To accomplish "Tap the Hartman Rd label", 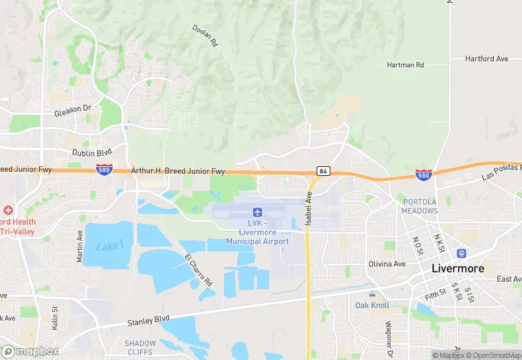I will pos(405,65).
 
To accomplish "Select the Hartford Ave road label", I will pos(486,59).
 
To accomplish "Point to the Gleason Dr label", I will pos(73,109).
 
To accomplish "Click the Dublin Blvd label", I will pos(91,153).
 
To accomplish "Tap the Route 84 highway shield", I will pos(322,170).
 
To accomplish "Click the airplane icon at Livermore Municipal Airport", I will pos(258,212).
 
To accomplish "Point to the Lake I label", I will pos(110,245).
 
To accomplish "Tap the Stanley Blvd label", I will pos(148,319).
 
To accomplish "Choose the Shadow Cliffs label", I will pos(140,347).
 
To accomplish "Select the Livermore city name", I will pos(457,269).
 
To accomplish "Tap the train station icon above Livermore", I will pos(460,253).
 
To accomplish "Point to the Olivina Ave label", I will pos(387,263).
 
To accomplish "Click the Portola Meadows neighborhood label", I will pos(419,206).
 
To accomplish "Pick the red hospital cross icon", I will pos(8,210).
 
